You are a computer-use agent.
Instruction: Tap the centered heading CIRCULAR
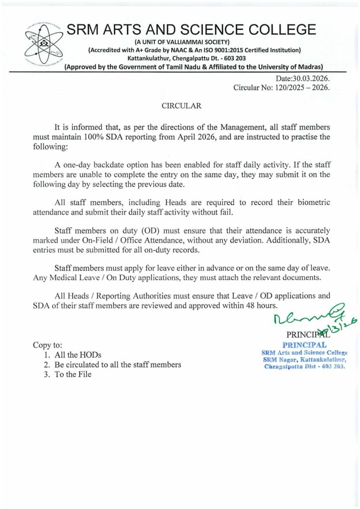[x=181, y=106]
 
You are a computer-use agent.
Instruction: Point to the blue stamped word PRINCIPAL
[x=304, y=344]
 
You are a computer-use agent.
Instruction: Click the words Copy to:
[x=47, y=344]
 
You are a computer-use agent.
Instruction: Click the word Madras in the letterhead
[x=309, y=67]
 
